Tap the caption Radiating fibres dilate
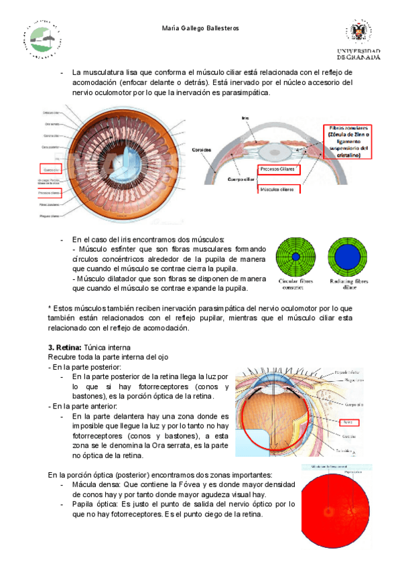(347, 284)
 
